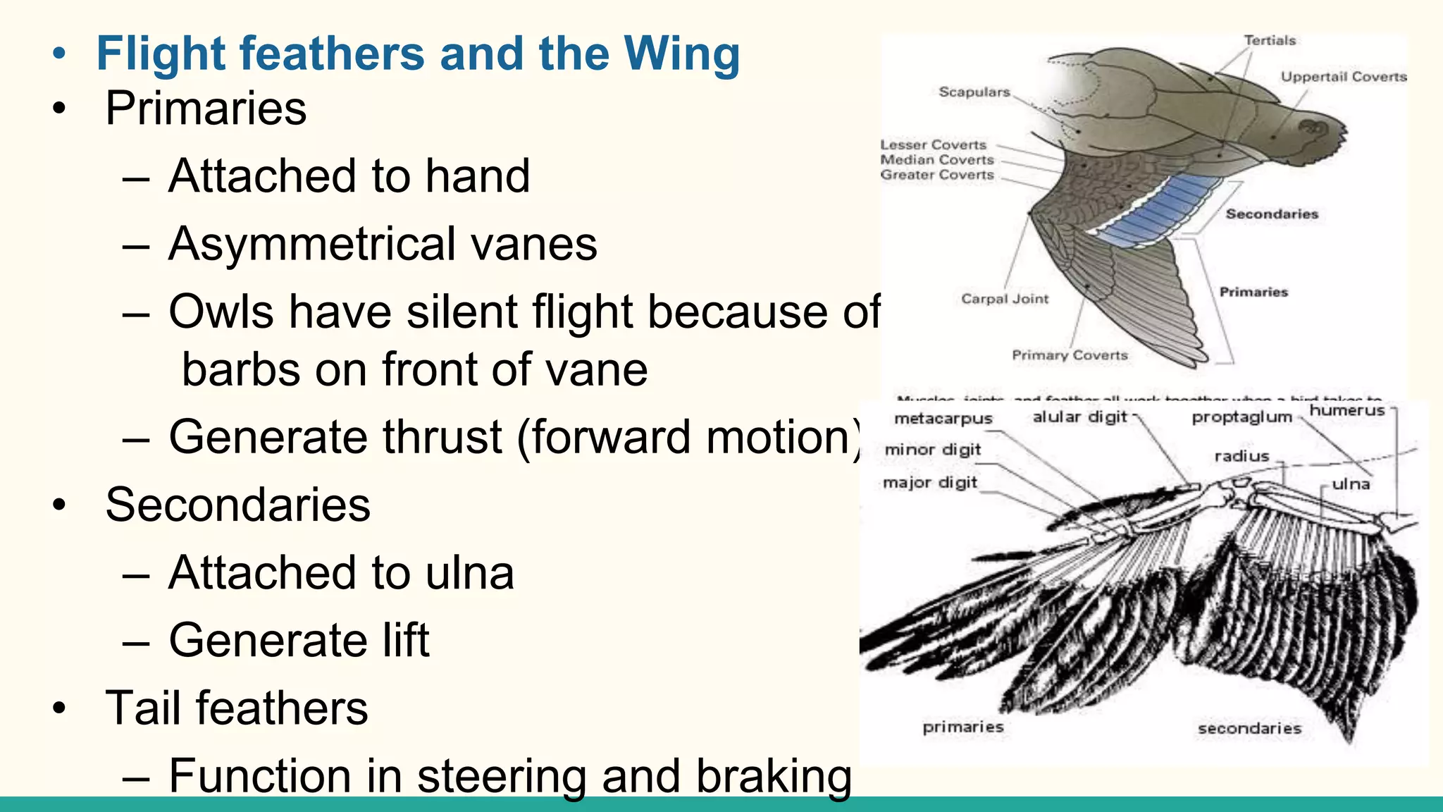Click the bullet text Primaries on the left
click(x=205, y=109)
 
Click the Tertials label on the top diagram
click(x=1269, y=41)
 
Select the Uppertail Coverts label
click(x=1343, y=77)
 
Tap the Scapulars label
click(x=974, y=92)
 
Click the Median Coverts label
click(x=936, y=160)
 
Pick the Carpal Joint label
click(x=1005, y=299)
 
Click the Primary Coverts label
click(x=1070, y=355)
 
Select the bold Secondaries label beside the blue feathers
click(x=1271, y=214)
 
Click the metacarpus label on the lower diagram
click(x=943, y=419)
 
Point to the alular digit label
click(x=1079, y=417)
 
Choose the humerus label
click(x=1346, y=410)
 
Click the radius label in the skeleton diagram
click(x=1241, y=457)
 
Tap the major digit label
click(x=930, y=483)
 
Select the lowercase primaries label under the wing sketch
click(x=962, y=727)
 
